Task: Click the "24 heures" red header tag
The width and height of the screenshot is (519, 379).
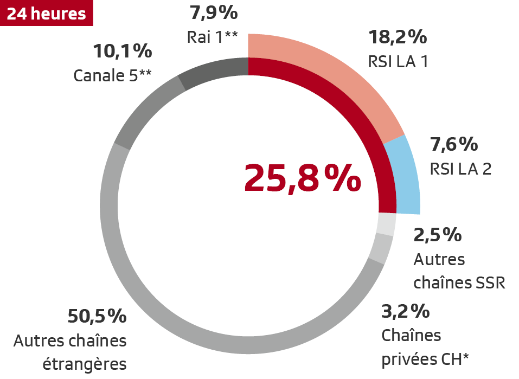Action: pyautogui.click(x=47, y=13)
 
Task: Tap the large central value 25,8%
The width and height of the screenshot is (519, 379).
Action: pyautogui.click(x=302, y=177)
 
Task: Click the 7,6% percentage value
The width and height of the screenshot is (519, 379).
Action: pyautogui.click(x=454, y=145)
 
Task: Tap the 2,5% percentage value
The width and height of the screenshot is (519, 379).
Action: pyautogui.click(x=438, y=235)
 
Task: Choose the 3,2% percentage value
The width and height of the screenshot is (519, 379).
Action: pyautogui.click(x=406, y=312)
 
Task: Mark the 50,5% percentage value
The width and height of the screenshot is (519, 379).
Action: pyautogui.click(x=97, y=316)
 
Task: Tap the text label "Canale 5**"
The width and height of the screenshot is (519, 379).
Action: pyautogui.click(x=112, y=75)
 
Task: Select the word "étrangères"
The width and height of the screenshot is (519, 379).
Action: pyautogui.click(x=85, y=364)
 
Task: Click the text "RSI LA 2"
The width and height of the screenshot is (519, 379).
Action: pyautogui.click(x=460, y=169)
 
